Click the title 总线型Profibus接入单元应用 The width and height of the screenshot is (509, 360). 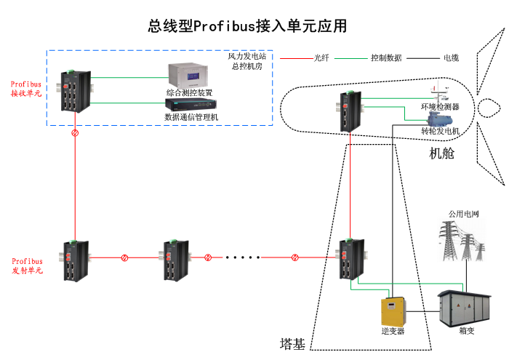point(247,27)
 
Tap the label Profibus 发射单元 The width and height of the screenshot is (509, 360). point(27,265)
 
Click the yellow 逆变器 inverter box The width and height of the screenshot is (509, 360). point(393,311)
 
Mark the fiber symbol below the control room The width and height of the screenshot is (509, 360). point(75,135)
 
